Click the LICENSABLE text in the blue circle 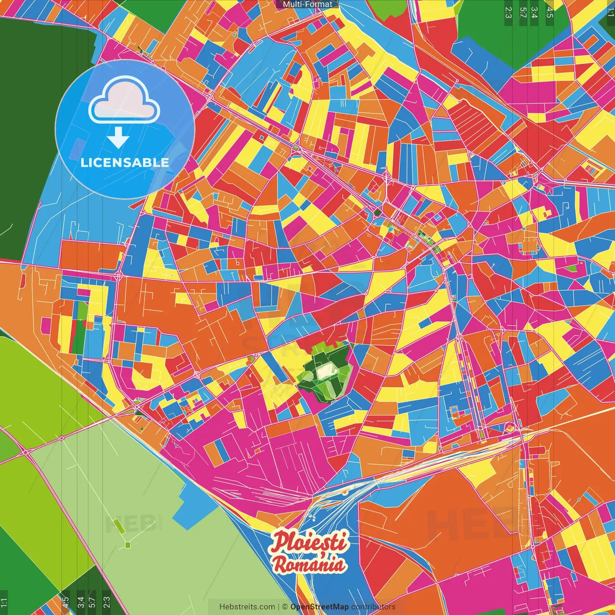pyautogui.click(x=125, y=162)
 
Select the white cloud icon pyautogui.click(x=124, y=100)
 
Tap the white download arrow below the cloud pyautogui.click(x=118, y=138)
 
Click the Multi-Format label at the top pyautogui.click(x=307, y=4)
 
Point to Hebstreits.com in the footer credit pyautogui.click(x=247, y=607)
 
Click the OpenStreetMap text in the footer pyautogui.click(x=320, y=607)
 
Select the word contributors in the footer pyautogui.click(x=373, y=607)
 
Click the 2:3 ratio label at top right pyautogui.click(x=508, y=12)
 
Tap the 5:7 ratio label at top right pyautogui.click(x=523, y=12)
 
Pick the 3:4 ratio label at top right pyautogui.click(x=534, y=12)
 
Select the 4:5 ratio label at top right pyautogui.click(x=550, y=12)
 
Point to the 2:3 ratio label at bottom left pyautogui.click(x=107, y=602)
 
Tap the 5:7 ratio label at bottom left pyautogui.click(x=92, y=602)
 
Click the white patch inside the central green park pyautogui.click(x=327, y=370)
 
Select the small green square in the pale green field pyautogui.click(x=127, y=545)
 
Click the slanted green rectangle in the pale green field pyautogui.click(x=119, y=525)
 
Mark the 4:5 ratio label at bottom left pyautogui.click(x=65, y=602)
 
